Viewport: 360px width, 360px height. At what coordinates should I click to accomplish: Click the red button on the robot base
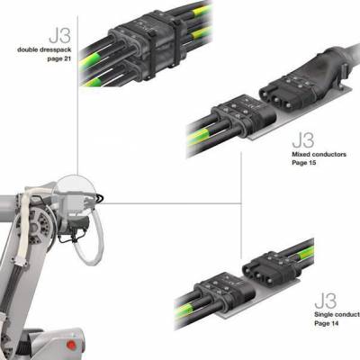pos(71,345)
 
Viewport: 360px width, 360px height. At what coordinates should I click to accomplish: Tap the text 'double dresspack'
pos(44,49)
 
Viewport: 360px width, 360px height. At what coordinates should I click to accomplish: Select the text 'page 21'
pos(59,58)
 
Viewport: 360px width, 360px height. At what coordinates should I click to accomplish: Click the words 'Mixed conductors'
pos(319,154)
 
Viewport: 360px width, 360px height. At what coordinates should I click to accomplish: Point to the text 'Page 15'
pos(304,163)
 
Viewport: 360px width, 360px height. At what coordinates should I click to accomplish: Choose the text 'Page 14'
pos(327,323)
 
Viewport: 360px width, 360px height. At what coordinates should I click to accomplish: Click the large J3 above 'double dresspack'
pos(60,35)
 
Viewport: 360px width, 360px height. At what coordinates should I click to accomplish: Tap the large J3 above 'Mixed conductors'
pos(303,140)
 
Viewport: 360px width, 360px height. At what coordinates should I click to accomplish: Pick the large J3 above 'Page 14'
pos(326,301)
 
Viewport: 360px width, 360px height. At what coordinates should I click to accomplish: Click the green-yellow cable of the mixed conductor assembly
pos(200,137)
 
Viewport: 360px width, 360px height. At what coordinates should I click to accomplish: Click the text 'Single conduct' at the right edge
pos(337,315)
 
